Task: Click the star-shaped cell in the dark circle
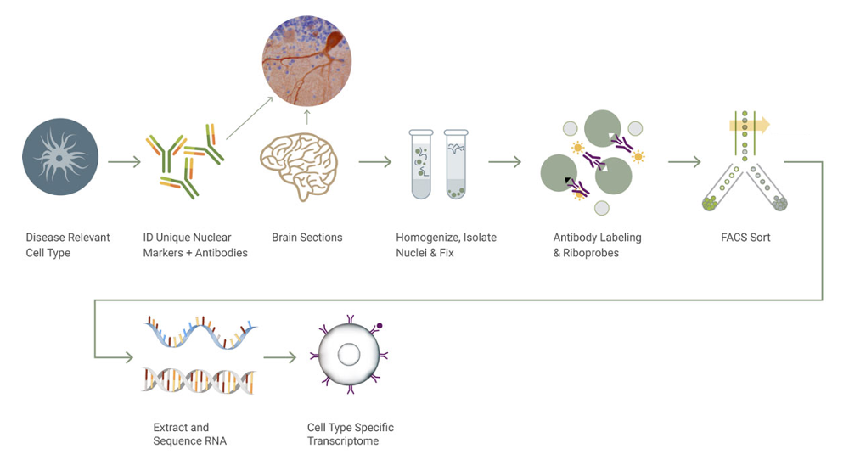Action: pos(60,157)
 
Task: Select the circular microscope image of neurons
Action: pos(306,60)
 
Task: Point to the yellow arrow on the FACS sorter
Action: pos(750,126)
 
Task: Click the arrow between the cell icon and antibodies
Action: pos(124,161)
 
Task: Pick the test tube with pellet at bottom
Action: pos(456,164)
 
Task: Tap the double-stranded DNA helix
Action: pos(199,381)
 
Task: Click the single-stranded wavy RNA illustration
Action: pos(200,333)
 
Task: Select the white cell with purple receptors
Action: pos(349,355)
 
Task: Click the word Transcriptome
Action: pos(343,441)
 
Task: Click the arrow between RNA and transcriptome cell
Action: pos(280,357)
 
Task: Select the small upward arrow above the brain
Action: pos(307,117)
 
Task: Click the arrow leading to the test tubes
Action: pos(374,161)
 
